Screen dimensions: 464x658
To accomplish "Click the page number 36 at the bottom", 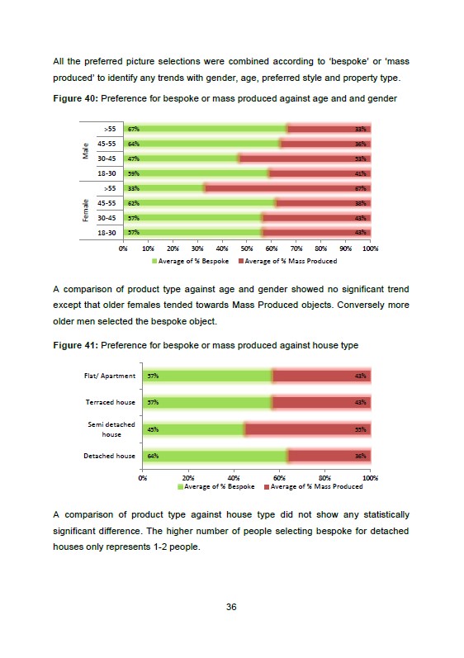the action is (x=231, y=607).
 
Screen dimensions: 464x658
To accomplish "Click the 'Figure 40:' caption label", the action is (x=75, y=98).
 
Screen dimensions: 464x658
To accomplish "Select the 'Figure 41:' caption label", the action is (x=75, y=345).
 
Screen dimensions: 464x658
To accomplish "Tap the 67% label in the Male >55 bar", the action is (x=134, y=129).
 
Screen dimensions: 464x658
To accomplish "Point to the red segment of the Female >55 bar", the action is (x=288, y=188).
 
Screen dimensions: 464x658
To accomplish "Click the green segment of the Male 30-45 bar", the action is (x=182, y=159).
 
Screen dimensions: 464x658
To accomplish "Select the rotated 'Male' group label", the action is (x=86, y=151).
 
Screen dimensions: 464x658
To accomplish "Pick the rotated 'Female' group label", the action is (x=86, y=211).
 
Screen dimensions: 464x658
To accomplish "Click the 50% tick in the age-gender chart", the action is (x=247, y=249).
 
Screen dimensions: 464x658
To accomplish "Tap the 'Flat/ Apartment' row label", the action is (x=110, y=376).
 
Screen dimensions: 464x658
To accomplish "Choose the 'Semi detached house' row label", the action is (x=111, y=429).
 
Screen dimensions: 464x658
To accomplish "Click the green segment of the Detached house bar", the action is (x=215, y=456).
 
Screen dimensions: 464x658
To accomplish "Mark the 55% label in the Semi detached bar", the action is (x=360, y=429).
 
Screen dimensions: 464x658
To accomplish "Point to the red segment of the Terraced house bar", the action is (x=321, y=402).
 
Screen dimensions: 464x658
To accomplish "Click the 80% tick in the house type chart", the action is (x=324, y=478).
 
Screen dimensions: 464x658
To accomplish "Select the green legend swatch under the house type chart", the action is (x=181, y=487).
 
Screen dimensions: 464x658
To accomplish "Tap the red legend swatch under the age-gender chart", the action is (x=241, y=261).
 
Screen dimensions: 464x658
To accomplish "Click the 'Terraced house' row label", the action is (x=111, y=402).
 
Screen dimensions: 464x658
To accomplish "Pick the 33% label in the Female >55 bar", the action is (x=134, y=188).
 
